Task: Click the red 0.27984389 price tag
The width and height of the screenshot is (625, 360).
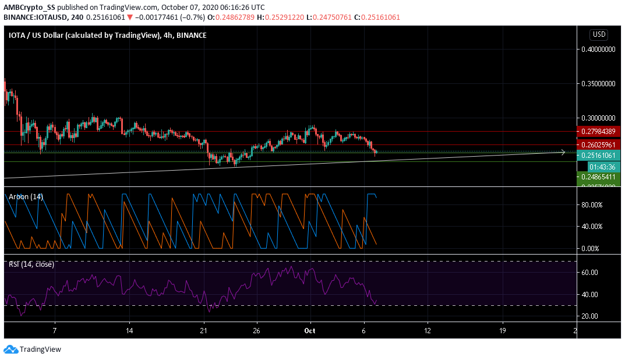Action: pyautogui.click(x=598, y=132)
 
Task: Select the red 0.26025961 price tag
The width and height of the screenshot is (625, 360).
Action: pyautogui.click(x=598, y=144)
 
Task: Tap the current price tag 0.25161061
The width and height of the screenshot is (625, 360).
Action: pyautogui.click(x=598, y=156)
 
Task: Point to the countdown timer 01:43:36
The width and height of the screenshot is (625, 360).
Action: pyautogui.click(x=598, y=166)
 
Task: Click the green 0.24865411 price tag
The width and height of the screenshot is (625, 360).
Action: pyautogui.click(x=598, y=176)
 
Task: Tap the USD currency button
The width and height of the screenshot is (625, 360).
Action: pyautogui.click(x=599, y=34)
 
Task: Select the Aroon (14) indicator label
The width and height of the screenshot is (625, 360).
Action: pyautogui.click(x=26, y=197)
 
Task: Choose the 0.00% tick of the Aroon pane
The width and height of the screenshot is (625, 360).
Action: pyautogui.click(x=591, y=249)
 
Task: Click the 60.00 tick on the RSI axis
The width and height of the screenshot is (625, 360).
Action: pyautogui.click(x=589, y=272)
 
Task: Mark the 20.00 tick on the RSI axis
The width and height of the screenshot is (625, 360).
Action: pyautogui.click(x=589, y=316)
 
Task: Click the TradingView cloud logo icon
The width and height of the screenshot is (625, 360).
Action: pyautogui.click(x=10, y=350)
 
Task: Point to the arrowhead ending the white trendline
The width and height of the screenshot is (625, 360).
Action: pyautogui.click(x=563, y=153)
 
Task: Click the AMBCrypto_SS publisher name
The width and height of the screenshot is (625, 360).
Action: pyautogui.click(x=30, y=7)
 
